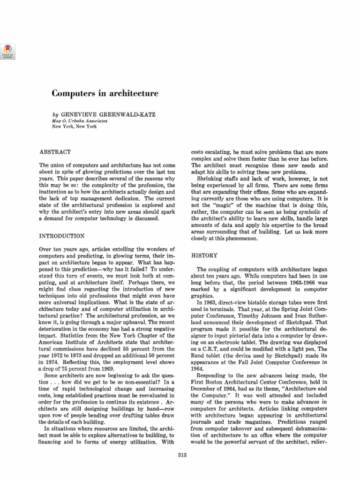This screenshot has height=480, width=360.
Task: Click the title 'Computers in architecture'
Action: point(105,94)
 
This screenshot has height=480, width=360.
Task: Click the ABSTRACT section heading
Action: point(55,152)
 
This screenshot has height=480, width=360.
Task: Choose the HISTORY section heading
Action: point(204,255)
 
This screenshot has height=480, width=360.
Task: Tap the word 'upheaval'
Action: point(131,323)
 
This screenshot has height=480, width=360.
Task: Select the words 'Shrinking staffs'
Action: point(218,179)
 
